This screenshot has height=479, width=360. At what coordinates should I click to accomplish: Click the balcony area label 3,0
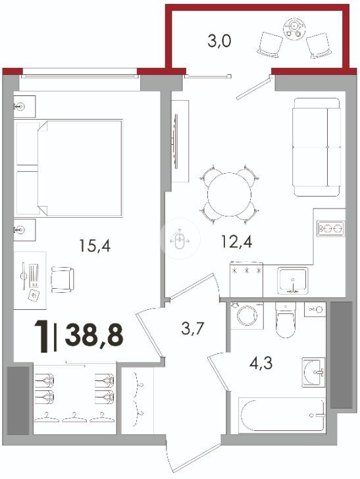(219, 41)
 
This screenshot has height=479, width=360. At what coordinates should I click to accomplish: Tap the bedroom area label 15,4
(95, 245)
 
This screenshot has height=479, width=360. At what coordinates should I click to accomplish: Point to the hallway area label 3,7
(192, 329)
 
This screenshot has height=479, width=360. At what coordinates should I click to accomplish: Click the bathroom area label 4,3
(261, 363)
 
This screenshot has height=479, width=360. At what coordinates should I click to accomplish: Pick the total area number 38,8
(94, 334)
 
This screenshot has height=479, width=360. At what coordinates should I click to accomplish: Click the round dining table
(229, 194)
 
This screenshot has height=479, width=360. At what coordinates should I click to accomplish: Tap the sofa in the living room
(317, 147)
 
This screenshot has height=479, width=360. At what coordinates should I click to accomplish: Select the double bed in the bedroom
(69, 168)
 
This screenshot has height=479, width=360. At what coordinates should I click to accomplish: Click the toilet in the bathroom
(286, 320)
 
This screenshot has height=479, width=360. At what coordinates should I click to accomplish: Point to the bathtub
(282, 415)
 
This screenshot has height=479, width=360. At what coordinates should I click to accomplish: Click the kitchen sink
(293, 281)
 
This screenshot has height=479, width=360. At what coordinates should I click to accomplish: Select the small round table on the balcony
(294, 29)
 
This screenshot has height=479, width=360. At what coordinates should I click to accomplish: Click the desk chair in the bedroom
(63, 280)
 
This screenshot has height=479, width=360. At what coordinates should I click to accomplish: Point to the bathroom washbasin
(313, 372)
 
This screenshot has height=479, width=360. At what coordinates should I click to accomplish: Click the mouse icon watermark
(180, 239)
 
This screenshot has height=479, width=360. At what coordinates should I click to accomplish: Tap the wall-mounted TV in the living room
(176, 141)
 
